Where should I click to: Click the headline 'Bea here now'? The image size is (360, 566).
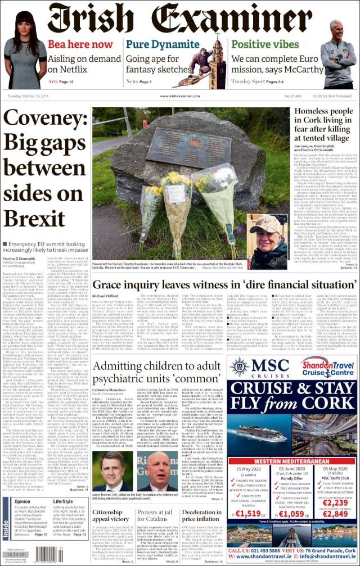(79, 44)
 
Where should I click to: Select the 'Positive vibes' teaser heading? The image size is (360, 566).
(265, 44)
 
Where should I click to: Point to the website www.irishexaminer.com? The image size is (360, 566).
(180, 96)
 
